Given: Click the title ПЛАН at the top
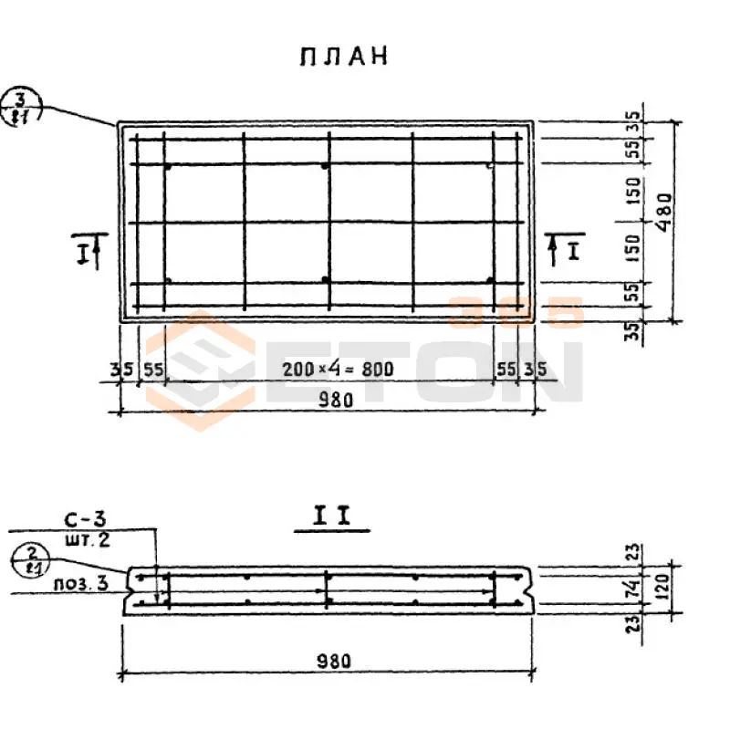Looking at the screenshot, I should (x=343, y=57).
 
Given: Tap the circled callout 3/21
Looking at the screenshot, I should (x=17, y=108).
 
